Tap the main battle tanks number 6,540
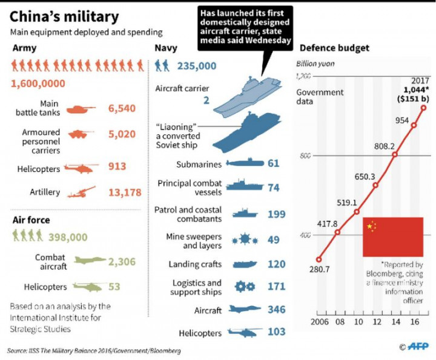click(x=122, y=109)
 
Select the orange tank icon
click(x=80, y=110)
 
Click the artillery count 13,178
click(x=124, y=192)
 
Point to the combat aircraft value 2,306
click(x=122, y=261)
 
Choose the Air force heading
click(x=31, y=220)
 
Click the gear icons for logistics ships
click(x=245, y=287)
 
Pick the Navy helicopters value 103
click(x=277, y=332)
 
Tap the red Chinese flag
click(x=392, y=236)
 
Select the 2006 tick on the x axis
click(x=320, y=321)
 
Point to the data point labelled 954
click(x=414, y=125)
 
